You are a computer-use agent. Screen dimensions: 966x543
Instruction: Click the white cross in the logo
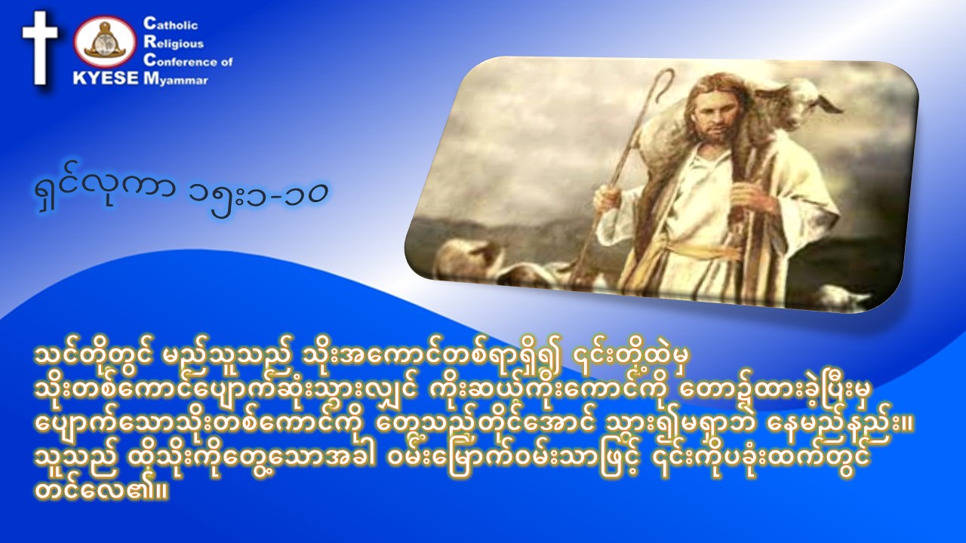pos(40,48)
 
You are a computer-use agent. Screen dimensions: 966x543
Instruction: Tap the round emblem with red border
pos(106,44)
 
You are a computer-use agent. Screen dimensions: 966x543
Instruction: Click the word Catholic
pos(171,24)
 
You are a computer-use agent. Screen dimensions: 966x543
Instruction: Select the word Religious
pos(174,43)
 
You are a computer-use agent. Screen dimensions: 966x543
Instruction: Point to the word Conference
pos(182,61)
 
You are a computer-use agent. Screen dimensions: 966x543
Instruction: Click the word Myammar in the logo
pos(176,80)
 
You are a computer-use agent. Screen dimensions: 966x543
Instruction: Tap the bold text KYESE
pos(106,79)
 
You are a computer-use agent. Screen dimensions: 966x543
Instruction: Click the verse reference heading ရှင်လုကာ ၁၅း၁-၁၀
pos(181,195)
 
